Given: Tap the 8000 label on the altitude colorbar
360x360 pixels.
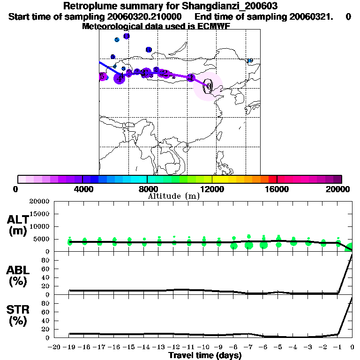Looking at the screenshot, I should point(147,189).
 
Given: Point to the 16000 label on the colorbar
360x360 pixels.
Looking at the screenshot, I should point(277,189).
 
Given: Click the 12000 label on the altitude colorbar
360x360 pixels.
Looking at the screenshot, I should point(212,189).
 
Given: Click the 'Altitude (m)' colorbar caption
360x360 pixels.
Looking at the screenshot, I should point(173,196).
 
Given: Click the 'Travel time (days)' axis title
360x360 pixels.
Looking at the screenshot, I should point(205,355).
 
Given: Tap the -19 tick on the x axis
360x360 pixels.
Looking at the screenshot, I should point(69,347).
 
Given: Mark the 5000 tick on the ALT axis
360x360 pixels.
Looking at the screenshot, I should point(42,239).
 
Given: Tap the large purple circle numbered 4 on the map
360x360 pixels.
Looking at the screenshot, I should point(120,78).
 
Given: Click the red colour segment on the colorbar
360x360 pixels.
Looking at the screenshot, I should point(272,179).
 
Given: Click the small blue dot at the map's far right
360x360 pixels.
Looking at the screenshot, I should point(250,60).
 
